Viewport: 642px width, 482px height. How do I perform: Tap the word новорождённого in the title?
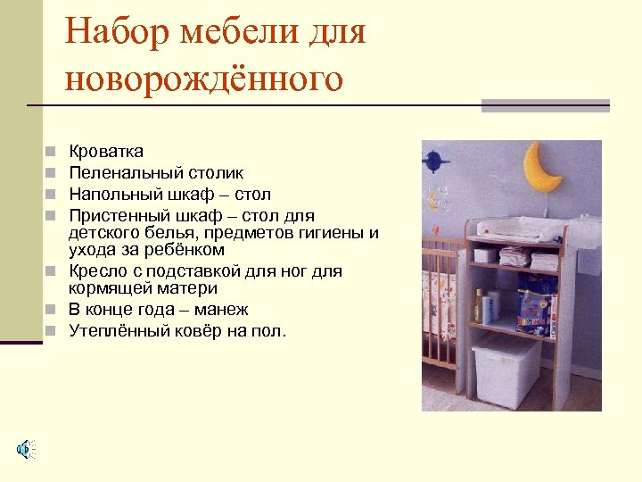pyautogui.click(x=203, y=79)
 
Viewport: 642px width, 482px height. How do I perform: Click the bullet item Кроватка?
pyautogui.click(x=106, y=152)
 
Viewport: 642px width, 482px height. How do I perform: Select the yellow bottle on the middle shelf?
pyautogui.click(x=478, y=305)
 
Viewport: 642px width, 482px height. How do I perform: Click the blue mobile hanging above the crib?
pyautogui.click(x=433, y=161)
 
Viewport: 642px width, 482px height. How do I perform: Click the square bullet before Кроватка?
pyautogui.click(x=53, y=152)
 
